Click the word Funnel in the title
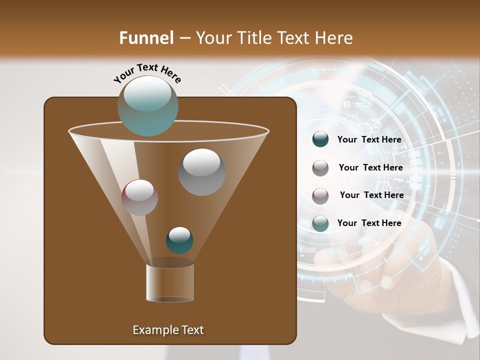[x=146, y=38]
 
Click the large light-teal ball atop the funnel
[x=147, y=105]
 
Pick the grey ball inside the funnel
[x=201, y=172]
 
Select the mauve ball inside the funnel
[x=139, y=197]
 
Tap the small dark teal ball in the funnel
[x=179, y=240]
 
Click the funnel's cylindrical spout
[x=170, y=282]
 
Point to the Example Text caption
[x=168, y=330]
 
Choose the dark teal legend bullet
[x=320, y=139]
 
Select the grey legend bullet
[x=320, y=167]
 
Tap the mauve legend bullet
[x=320, y=195]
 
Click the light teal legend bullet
[x=320, y=223]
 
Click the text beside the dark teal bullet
[x=369, y=139]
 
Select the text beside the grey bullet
[x=370, y=167]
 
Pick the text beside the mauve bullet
[x=371, y=195]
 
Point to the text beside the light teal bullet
[x=369, y=223]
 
